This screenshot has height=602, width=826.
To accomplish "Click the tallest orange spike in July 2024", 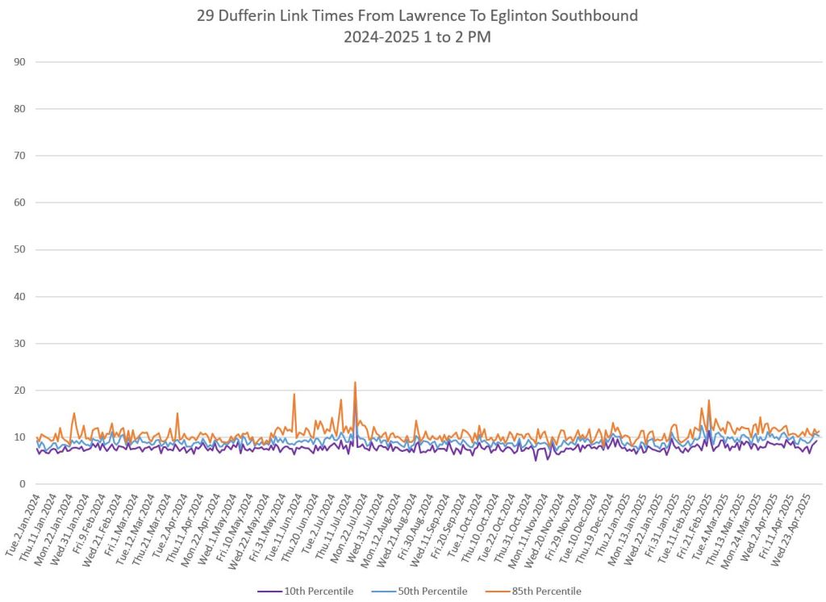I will coord(355,383).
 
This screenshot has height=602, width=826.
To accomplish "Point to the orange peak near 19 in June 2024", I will coord(294,395).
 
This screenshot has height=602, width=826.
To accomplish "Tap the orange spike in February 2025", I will coord(709,400).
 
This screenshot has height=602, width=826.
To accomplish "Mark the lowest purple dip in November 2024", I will coord(536,460).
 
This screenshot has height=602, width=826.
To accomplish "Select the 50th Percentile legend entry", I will coord(428,592).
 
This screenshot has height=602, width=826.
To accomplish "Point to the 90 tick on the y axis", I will coord(19,62).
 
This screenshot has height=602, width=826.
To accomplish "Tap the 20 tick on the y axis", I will coord(19,391).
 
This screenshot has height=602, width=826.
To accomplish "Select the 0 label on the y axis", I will coord(23,484).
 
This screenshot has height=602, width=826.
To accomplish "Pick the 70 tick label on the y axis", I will coord(19,156).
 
